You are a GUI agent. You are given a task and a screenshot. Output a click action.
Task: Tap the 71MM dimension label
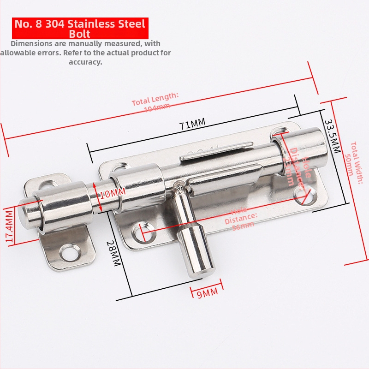pos(192,124)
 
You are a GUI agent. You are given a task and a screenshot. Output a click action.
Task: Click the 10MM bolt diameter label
pos(111,193)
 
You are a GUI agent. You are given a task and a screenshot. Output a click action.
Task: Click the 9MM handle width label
pos(207,293)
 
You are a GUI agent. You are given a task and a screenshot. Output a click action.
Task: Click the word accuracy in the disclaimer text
pos(85,62)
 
